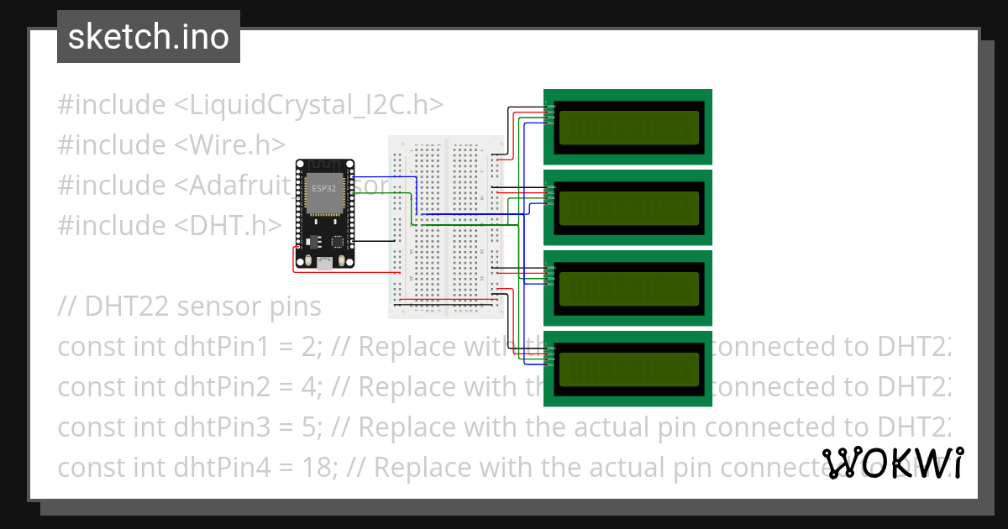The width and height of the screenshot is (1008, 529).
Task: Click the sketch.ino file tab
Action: pos(148,37)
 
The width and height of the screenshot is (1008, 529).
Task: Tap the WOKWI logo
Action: pos(892,463)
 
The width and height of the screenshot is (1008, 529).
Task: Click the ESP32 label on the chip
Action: pos(324,189)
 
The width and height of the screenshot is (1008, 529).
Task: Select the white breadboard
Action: pos(445,227)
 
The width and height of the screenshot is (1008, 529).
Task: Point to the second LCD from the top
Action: pos(628,207)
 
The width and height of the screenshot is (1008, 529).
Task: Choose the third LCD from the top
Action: pos(628,288)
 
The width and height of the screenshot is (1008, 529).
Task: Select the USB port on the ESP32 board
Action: pos(324,262)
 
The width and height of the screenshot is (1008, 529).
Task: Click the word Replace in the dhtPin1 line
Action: pos(407,347)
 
